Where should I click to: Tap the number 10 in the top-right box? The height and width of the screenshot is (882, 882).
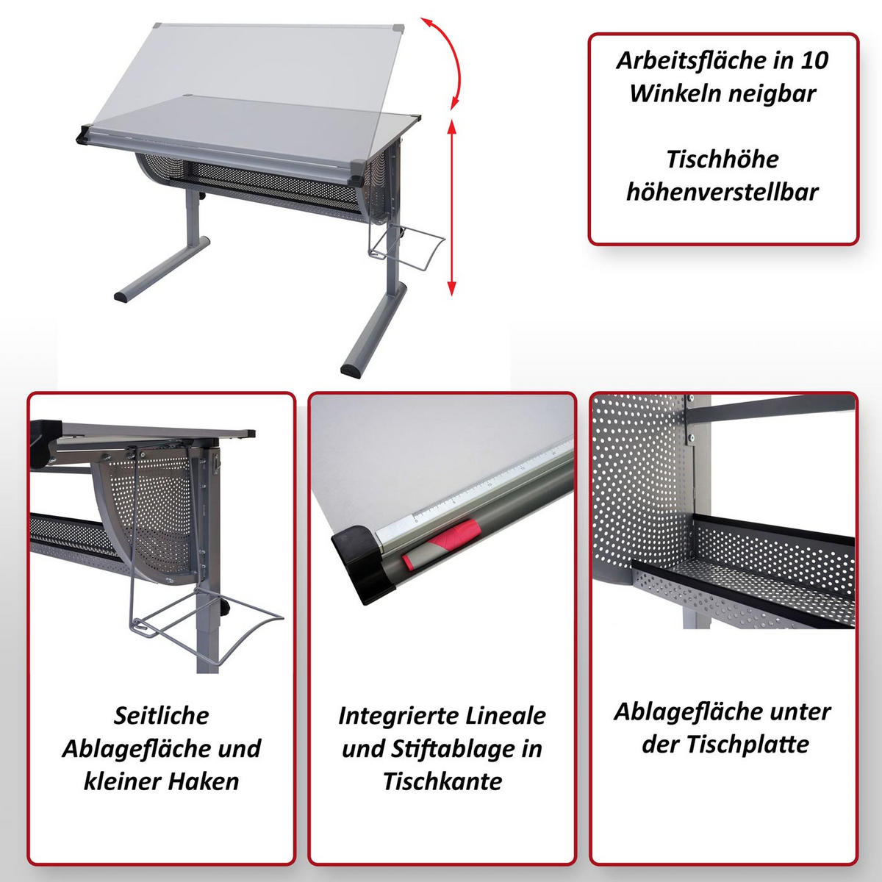click(814, 60)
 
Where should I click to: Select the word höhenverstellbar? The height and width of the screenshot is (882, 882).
click(723, 192)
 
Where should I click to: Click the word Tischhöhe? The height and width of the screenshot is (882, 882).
click(723, 159)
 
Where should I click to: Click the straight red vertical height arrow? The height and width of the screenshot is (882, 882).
click(452, 207)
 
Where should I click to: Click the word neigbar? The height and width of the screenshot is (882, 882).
click(772, 93)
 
